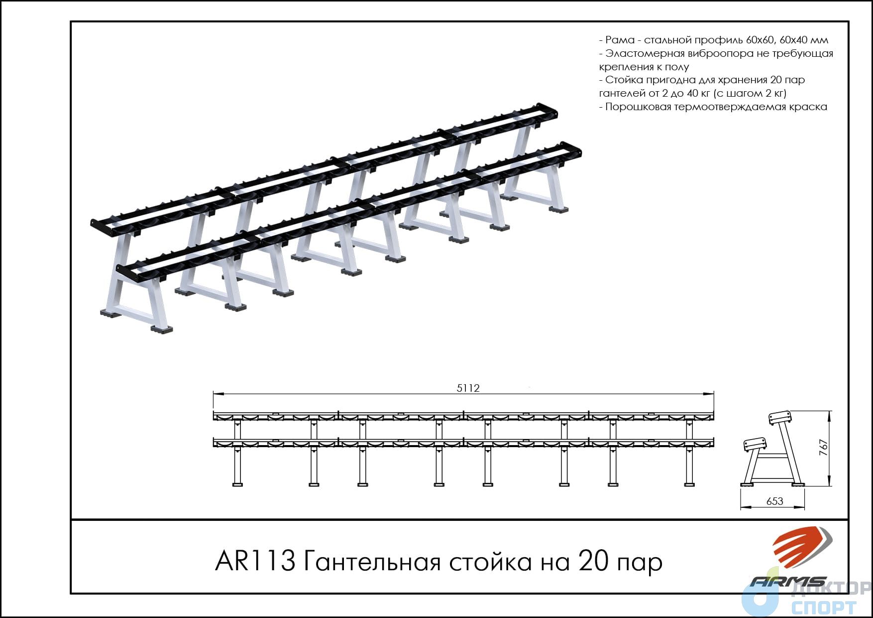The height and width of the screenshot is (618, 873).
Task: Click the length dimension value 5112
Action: (468, 388)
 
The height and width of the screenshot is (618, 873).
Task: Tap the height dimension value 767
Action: (824, 448)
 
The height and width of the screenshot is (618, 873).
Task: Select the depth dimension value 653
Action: (775, 501)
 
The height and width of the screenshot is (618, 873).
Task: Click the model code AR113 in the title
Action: (255, 562)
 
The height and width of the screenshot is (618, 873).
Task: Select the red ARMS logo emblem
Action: (801, 548)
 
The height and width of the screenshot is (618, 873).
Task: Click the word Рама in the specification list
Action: (620, 40)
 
